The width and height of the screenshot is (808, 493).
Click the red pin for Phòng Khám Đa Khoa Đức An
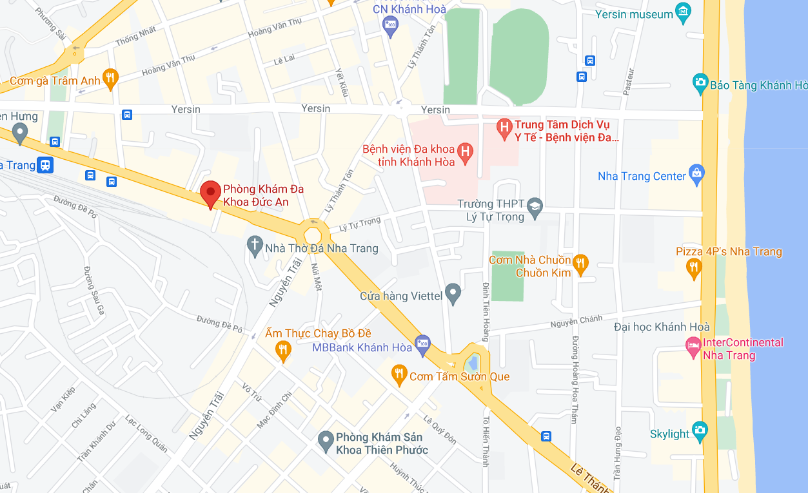pyautogui.click(x=210, y=193)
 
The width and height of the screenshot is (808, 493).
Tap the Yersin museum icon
pyautogui.click(x=683, y=12)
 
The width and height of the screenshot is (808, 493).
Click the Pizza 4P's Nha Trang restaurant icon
pyautogui.click(x=694, y=267)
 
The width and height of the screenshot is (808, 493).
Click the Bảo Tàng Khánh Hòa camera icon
pyautogui.click(x=700, y=82)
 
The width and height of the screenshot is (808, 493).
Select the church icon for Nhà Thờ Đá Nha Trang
pyautogui.click(x=255, y=245)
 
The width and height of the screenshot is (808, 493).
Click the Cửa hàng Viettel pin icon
pyautogui.click(x=453, y=293)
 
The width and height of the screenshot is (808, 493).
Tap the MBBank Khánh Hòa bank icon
pyautogui.click(x=422, y=343)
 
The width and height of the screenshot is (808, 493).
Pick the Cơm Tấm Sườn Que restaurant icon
pyautogui.click(x=400, y=374)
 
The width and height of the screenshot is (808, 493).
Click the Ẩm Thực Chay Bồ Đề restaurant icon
pyautogui.click(x=282, y=350)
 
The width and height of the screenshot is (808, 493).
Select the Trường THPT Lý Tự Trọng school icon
pyautogui.click(x=535, y=207)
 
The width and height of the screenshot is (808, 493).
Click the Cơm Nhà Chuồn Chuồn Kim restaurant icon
pyautogui.click(x=580, y=263)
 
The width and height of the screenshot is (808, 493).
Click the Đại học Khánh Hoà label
pyautogui.click(x=662, y=327)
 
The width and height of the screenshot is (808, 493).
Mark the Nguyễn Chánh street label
pyautogui.click(x=576, y=322)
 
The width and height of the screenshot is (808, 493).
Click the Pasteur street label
pyautogui.click(x=629, y=82)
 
